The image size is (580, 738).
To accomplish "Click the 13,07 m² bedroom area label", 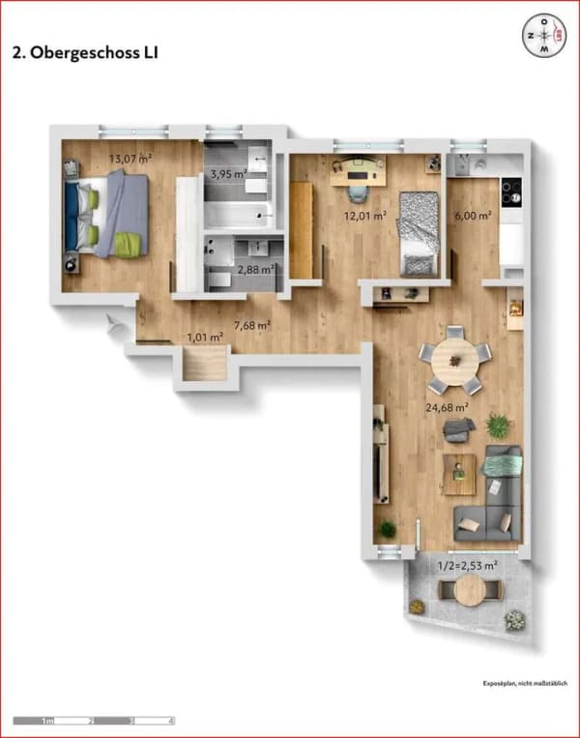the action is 130,159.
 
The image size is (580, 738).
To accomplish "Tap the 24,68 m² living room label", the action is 447,407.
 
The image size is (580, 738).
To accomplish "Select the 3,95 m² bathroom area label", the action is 228,174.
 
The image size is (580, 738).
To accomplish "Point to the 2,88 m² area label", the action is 256,270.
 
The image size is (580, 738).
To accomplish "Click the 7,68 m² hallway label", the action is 252,325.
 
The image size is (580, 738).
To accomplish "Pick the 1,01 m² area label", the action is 205,338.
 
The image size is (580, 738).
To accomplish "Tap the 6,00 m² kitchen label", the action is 473,216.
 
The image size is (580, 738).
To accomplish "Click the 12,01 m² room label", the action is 365,216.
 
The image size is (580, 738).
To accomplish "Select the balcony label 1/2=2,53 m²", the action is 468,566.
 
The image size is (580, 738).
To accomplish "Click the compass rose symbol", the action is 545,35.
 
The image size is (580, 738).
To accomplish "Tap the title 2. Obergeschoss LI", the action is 85,53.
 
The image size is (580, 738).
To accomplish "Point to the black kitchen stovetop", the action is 511,192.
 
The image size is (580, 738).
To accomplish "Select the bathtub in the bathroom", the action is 239,216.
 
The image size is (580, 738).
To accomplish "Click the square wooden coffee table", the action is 459,474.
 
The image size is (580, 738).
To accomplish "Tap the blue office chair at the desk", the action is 357,192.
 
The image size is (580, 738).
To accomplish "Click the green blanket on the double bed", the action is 129,245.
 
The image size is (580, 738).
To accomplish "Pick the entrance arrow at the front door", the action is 115,324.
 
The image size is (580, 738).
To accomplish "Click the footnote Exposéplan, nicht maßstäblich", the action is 525,684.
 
